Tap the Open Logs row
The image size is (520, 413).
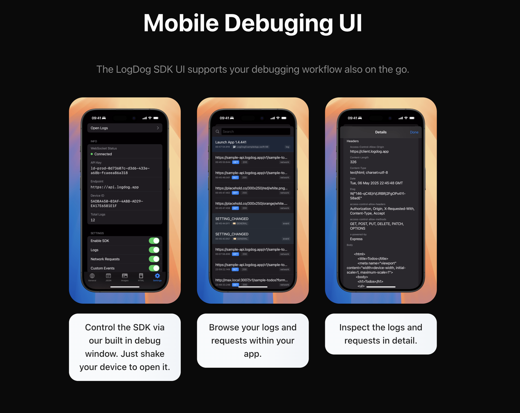click(x=125, y=128)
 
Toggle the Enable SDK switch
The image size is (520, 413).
click(x=154, y=241)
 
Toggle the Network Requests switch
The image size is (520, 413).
click(x=154, y=259)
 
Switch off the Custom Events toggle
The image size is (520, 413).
click(x=154, y=268)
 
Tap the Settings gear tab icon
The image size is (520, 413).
click(x=157, y=276)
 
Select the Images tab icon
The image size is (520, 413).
click(x=125, y=276)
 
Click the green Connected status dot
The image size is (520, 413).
click(x=92, y=154)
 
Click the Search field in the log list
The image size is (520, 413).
click(x=255, y=132)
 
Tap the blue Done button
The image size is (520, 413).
click(x=414, y=132)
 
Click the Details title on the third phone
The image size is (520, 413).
click(x=381, y=132)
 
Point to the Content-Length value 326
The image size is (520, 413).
click(x=353, y=162)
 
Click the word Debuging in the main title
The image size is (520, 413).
click(x=278, y=24)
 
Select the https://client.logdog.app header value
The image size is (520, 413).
click(x=369, y=151)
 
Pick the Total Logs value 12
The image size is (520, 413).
click(x=93, y=220)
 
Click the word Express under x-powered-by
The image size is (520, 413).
click(x=356, y=239)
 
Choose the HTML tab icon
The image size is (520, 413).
click(x=141, y=276)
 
